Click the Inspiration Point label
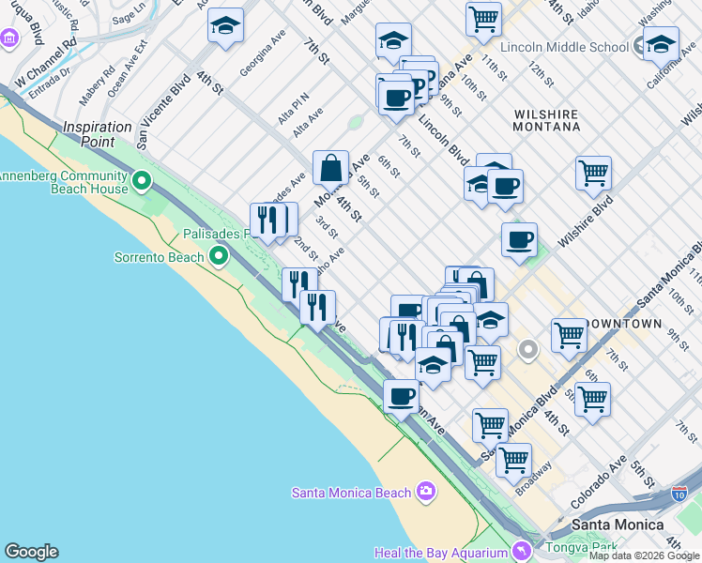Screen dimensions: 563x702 tap(98, 127)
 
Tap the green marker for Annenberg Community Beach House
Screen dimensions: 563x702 tap(142, 179)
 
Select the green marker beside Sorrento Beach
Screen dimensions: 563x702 tap(219, 255)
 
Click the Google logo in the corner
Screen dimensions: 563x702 tap(31, 552)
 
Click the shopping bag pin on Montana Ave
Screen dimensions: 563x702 tap(330, 169)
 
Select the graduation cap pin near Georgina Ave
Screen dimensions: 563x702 tap(225, 26)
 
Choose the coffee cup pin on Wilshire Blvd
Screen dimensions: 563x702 tap(519, 240)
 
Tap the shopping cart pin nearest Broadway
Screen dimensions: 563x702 tap(513, 460)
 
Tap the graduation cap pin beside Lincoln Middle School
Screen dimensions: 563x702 tap(661, 44)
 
